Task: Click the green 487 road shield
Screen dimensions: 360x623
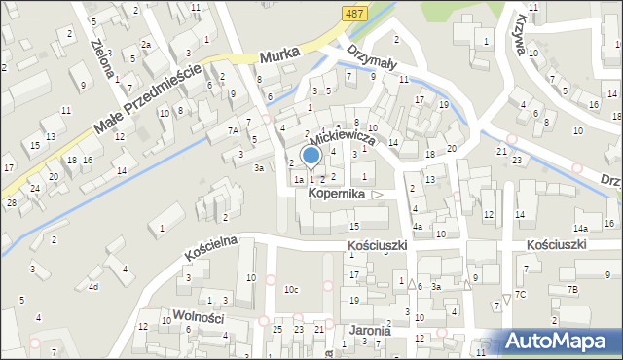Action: (354, 12)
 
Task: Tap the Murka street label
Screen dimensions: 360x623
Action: (278, 57)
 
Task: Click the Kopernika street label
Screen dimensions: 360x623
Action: (336, 194)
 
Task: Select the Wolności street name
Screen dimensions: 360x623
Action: (199, 316)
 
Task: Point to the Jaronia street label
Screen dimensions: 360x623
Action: (364, 330)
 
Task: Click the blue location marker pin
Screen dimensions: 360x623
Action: (311, 157)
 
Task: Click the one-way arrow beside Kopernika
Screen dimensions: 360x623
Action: (378, 195)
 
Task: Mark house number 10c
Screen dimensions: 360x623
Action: (291, 290)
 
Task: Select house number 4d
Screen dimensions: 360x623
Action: (93, 286)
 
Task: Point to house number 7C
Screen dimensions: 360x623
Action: (521, 294)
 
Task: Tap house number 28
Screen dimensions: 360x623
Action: (12, 201)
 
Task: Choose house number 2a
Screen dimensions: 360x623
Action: (145, 45)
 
